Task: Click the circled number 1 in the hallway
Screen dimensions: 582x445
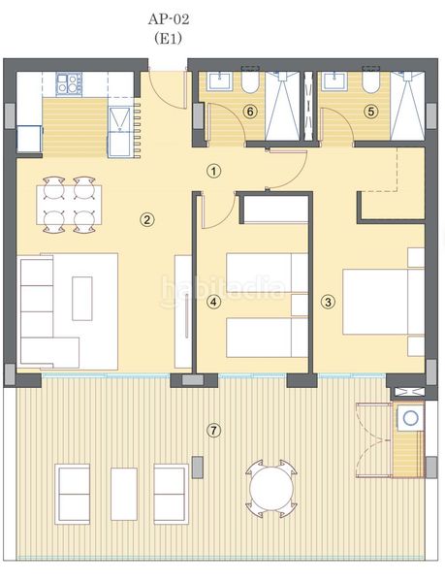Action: click(214, 172)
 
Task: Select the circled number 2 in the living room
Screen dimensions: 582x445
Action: click(146, 219)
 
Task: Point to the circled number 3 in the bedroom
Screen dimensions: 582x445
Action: click(328, 302)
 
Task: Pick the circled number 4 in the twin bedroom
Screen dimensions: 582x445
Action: click(214, 302)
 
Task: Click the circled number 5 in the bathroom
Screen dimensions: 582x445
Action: click(369, 112)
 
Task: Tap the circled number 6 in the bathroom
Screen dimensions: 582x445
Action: click(250, 112)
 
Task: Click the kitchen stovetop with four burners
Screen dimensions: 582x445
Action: click(68, 85)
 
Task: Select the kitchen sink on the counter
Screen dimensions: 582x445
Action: click(120, 119)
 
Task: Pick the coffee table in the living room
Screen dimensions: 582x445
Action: click(82, 298)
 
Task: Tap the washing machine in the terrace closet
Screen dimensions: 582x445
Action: click(410, 419)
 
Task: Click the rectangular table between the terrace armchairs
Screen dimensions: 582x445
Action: click(123, 494)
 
